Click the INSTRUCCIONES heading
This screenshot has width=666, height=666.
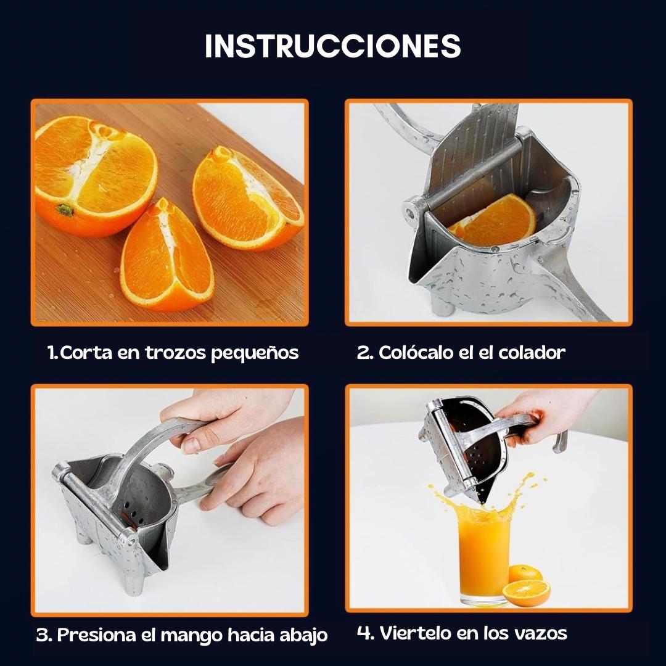332,46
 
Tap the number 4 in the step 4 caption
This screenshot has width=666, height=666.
365,633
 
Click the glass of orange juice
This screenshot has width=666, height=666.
484,558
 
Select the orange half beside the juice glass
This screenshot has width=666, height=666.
526,593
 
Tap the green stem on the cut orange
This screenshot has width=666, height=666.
64,210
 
